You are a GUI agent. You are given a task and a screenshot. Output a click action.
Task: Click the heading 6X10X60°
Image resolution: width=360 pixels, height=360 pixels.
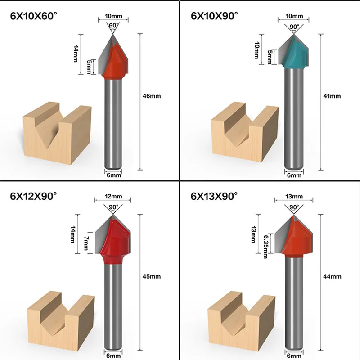pos(35,17)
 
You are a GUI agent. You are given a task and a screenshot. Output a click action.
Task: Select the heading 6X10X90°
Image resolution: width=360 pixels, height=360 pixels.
pos(214,17)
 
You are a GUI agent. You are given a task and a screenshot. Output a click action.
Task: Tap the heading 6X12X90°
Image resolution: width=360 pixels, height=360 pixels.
pos(35,196)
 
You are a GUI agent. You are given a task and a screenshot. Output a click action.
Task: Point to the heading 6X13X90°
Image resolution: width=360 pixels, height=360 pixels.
pos(214,196)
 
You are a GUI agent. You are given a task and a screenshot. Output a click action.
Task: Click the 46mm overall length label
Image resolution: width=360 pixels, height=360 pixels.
pos(153,96)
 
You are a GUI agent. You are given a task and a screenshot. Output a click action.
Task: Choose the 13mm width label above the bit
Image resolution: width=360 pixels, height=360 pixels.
pos(294,197)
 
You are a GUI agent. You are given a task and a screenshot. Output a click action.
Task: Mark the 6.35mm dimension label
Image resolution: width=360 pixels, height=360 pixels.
pos(266,246)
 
